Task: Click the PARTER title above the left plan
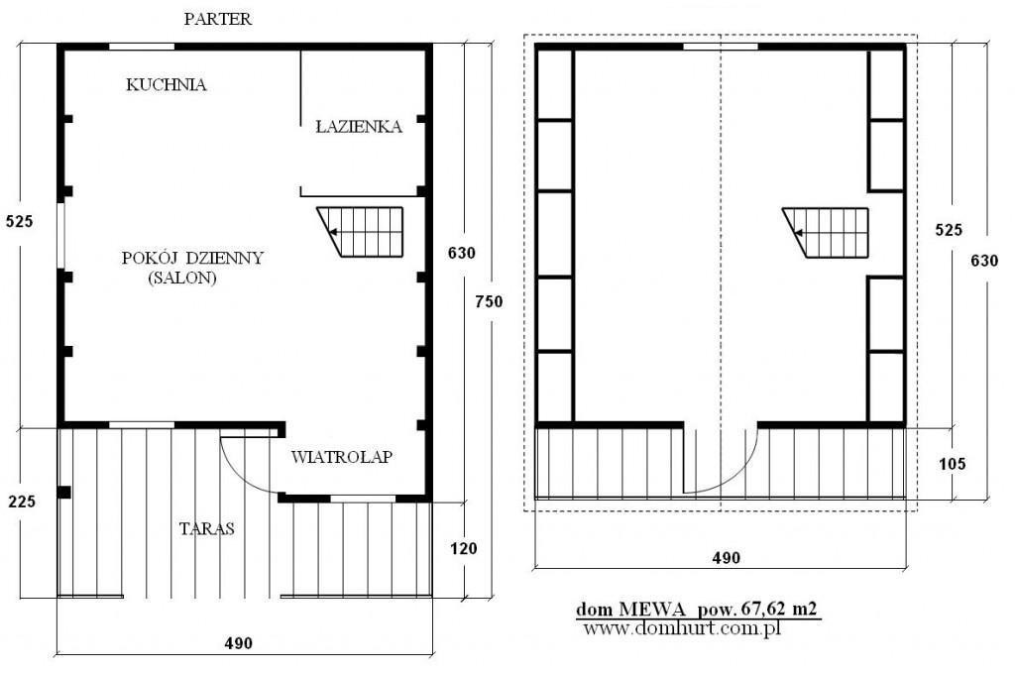pos(217,19)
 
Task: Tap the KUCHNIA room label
pos(167,85)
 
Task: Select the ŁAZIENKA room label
pos(359,126)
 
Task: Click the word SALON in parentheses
pos(182,279)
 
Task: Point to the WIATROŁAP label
pos(342,457)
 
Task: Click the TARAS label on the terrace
pos(206,528)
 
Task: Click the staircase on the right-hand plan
pos(826,232)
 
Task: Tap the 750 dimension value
pos(489,301)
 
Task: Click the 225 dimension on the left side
pos(22,502)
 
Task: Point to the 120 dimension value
pos(464,549)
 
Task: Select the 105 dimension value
pos(953,464)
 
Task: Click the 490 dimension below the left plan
pos(238,643)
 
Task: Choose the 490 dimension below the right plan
pos(727,558)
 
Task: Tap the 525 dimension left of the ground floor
pos(20,221)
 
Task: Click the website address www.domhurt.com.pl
pos(682,627)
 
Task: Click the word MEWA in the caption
pos(652,609)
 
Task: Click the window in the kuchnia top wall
pos(141,47)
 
